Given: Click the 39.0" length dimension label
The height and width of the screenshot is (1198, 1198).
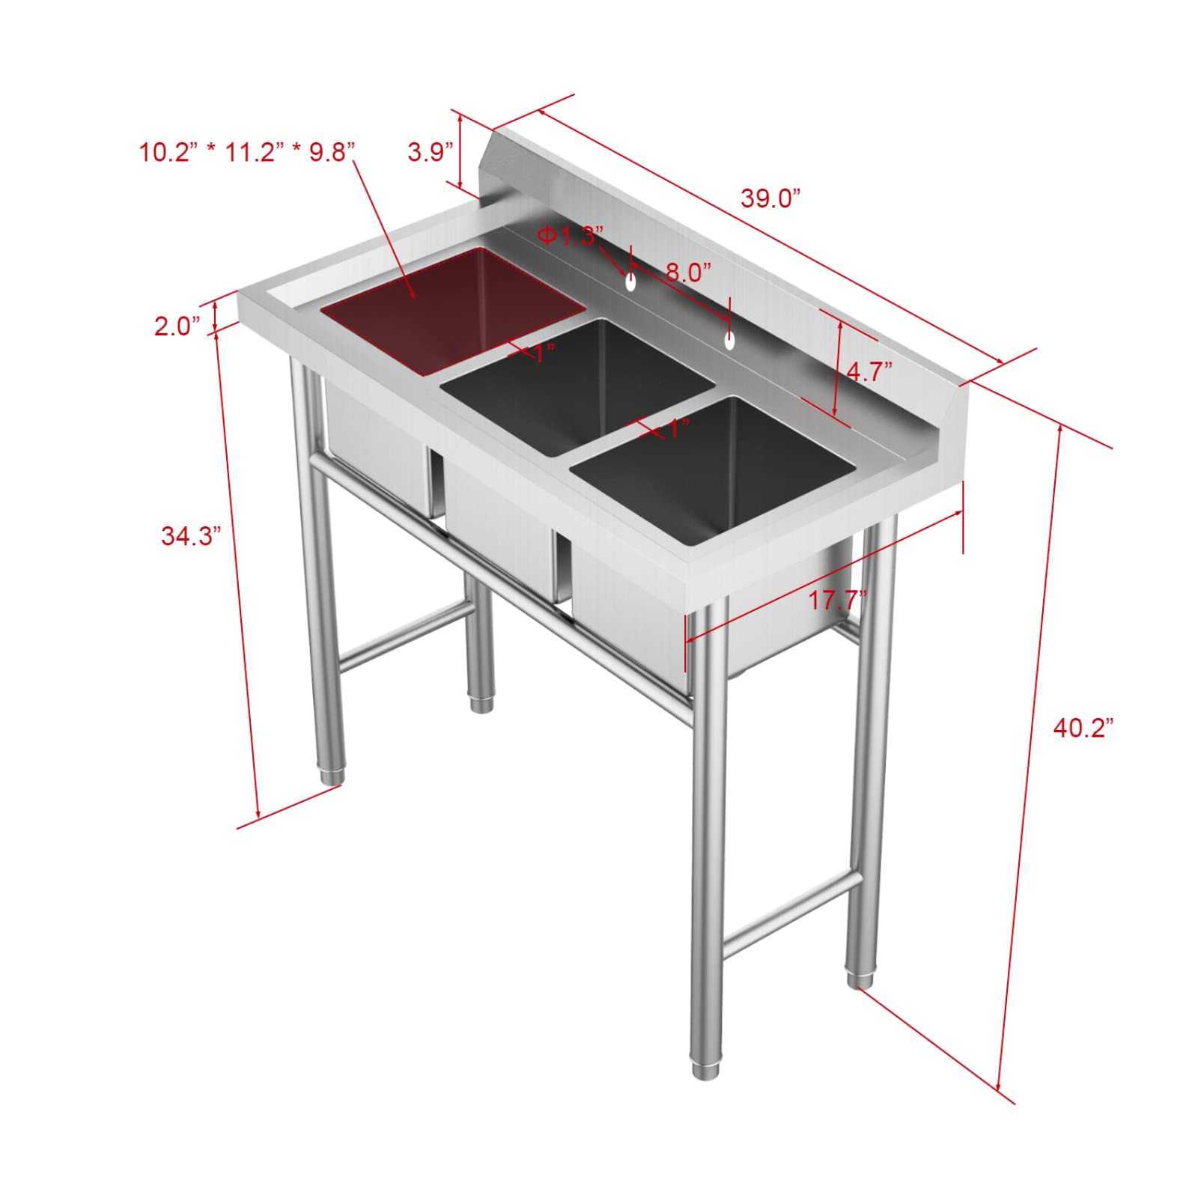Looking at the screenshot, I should (x=770, y=198).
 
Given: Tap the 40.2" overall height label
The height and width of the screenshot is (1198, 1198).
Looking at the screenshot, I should (x=1083, y=728).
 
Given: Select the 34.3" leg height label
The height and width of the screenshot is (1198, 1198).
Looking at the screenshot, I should (x=191, y=536).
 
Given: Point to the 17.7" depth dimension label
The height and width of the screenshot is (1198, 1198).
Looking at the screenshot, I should (x=837, y=600).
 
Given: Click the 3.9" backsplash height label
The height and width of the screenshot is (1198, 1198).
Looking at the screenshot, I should (x=431, y=152).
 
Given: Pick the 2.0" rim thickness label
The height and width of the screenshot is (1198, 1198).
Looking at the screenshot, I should (x=177, y=326).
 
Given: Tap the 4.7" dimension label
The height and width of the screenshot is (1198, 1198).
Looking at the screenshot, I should (x=869, y=371).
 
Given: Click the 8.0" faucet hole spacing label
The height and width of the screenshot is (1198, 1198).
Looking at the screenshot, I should (x=687, y=272).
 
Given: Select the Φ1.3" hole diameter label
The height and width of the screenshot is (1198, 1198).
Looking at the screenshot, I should (x=569, y=236).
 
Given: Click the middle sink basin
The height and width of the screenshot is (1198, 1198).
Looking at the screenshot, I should (x=577, y=382).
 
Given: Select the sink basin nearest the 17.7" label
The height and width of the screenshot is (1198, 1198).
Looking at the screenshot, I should (x=711, y=464).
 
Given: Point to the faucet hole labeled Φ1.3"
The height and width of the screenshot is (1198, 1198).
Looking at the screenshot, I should (x=631, y=282).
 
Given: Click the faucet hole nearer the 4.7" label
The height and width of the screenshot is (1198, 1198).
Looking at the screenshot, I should (x=729, y=341).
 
